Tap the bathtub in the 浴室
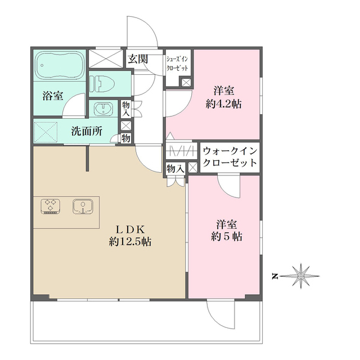point(59,67)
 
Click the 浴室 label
point(52,96)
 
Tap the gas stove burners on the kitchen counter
point(51,206)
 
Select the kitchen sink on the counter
point(82,206)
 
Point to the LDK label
point(130,229)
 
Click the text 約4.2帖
point(223,103)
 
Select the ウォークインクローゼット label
point(229,157)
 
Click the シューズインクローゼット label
point(178,62)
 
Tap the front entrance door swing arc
point(141,31)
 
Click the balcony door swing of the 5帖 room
point(219,312)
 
